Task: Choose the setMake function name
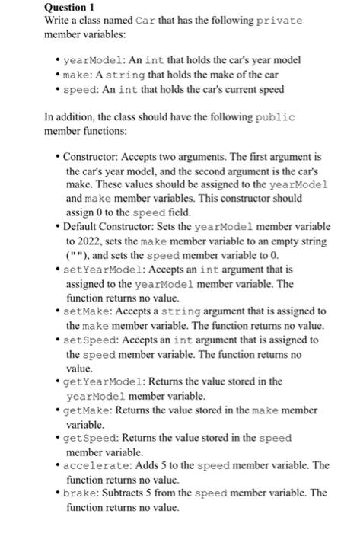pos(83,311)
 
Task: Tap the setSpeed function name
pos(87,340)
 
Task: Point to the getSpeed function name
pos(87,438)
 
